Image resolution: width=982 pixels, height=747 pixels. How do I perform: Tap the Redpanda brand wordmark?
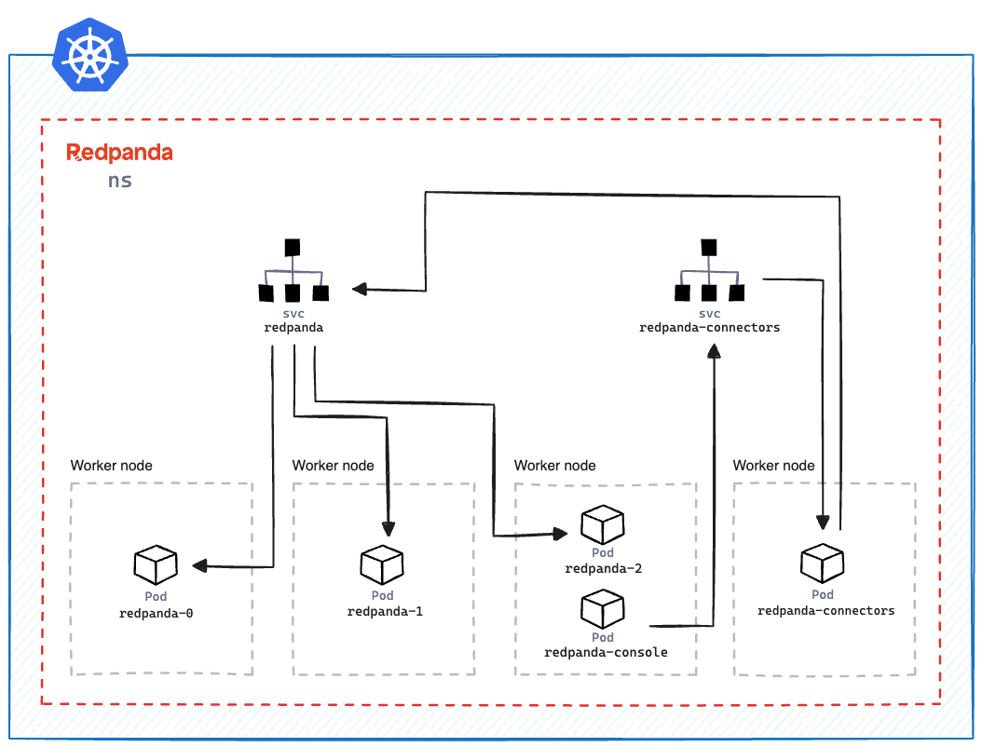click(x=119, y=153)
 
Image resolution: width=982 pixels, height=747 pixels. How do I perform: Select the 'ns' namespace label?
click(x=119, y=181)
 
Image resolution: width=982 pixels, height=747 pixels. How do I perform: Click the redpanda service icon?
click(x=293, y=272)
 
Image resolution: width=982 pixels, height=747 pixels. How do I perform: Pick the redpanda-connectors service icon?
click(x=709, y=272)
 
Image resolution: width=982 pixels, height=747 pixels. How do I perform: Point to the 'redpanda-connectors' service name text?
click(x=709, y=328)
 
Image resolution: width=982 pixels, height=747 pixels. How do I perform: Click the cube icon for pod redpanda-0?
click(x=156, y=564)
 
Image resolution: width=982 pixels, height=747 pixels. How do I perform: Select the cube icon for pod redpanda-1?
click(x=382, y=564)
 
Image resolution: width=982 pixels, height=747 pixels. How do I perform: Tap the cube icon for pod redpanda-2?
click(x=603, y=525)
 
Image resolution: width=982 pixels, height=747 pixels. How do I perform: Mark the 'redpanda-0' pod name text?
click(x=156, y=614)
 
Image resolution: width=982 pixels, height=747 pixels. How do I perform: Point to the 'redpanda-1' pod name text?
click(x=385, y=612)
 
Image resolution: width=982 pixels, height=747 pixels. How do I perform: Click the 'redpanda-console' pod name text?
click(x=606, y=653)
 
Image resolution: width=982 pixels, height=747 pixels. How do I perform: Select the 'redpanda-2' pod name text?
click(x=603, y=569)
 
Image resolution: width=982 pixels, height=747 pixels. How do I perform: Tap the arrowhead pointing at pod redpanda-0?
click(x=199, y=565)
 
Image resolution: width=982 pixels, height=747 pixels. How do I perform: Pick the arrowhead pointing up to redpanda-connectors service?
click(x=715, y=351)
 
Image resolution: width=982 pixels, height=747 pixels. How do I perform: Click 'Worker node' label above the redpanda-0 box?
click(x=111, y=466)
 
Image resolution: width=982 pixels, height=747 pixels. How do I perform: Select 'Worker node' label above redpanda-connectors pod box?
click(x=773, y=466)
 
